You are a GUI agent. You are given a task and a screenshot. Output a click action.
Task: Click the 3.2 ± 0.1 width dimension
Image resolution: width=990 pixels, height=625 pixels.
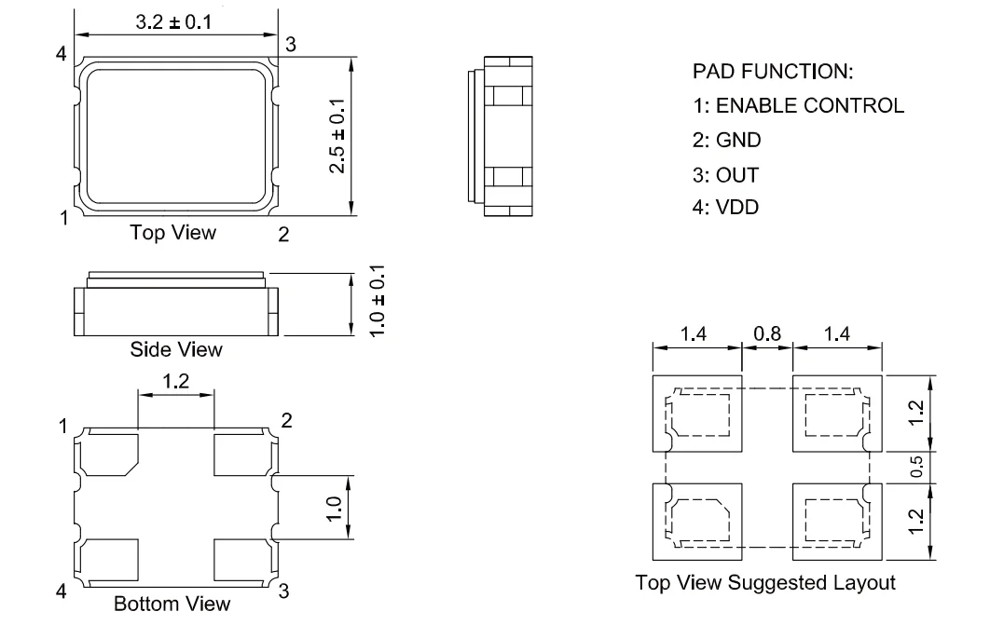tap(173, 22)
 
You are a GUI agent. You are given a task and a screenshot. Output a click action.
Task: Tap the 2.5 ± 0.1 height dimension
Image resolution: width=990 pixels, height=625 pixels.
tap(337, 136)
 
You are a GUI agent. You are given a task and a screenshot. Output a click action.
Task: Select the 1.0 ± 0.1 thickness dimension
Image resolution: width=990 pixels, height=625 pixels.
tap(377, 302)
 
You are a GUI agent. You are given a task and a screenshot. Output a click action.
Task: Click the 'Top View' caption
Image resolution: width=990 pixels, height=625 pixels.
tap(173, 233)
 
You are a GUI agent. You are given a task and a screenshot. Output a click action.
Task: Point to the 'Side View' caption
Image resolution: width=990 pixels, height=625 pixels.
tap(176, 349)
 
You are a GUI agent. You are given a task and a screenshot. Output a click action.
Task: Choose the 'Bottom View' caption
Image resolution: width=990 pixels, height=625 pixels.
tap(172, 604)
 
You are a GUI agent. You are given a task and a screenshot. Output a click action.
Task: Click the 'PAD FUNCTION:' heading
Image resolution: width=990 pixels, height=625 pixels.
tap(773, 72)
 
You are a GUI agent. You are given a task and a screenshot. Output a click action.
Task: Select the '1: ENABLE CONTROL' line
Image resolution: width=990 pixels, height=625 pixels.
tap(799, 105)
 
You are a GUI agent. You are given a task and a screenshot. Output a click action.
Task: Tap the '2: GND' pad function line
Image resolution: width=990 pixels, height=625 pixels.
tap(727, 140)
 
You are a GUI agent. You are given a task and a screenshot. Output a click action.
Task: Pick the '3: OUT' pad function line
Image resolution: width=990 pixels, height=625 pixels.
tap(725, 175)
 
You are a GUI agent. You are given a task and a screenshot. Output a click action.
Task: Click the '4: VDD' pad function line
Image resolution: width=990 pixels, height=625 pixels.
tap(725, 208)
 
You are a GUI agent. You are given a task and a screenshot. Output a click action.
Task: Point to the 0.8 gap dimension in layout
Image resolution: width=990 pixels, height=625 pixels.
tap(767, 333)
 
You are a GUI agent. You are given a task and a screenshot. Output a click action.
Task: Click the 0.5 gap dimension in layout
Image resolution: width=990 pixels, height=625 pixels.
tap(916, 468)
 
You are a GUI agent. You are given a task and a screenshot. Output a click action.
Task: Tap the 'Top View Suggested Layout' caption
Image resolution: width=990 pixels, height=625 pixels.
tap(765, 582)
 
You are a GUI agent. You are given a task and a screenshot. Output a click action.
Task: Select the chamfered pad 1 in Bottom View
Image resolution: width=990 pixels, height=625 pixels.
tap(109, 455)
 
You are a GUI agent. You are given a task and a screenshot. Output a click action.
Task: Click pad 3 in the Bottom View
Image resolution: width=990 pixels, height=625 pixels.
tap(243, 560)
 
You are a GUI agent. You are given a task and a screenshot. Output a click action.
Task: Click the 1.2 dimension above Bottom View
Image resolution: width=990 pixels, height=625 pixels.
tap(175, 382)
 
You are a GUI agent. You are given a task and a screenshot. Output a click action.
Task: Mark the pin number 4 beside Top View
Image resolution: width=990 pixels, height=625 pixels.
tap(62, 54)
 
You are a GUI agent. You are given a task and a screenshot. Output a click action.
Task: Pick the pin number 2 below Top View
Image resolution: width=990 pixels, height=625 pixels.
tap(283, 235)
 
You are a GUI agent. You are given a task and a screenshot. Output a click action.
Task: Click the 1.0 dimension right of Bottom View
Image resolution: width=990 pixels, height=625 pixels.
tap(334, 509)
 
